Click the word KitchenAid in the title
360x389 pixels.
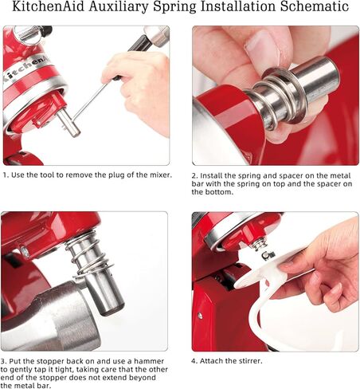[x=49, y=6]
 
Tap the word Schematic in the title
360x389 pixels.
[x=315, y=6]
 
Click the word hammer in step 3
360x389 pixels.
[x=149, y=361]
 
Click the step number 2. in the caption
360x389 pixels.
[x=194, y=176]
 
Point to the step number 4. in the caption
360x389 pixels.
[x=194, y=361]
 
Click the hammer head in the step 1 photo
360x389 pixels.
[x=157, y=36]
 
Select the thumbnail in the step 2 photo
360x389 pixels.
[x=258, y=45]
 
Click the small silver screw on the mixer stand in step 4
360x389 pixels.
[x=200, y=316]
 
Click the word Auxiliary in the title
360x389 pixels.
[x=119, y=7]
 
